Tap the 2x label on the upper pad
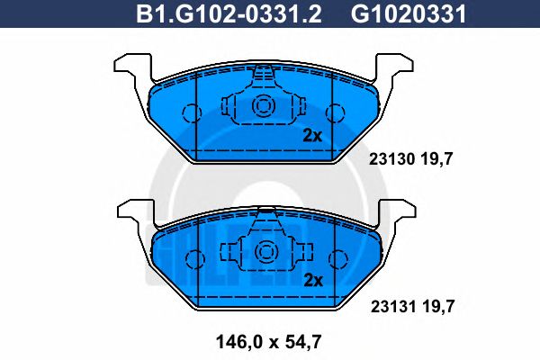click(x=311, y=136)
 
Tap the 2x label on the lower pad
click(x=311, y=279)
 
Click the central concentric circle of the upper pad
click(x=264, y=107)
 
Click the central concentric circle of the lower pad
click(x=264, y=251)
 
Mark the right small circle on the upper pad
click(x=336, y=113)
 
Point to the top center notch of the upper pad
click(x=264, y=71)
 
